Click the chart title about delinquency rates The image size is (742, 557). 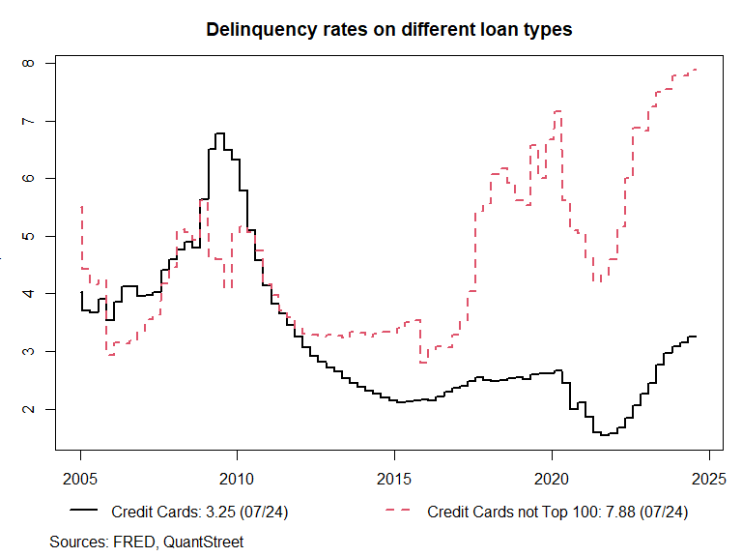(x=389, y=30)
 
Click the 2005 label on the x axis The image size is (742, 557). (x=81, y=479)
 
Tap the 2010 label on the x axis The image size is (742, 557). (x=238, y=479)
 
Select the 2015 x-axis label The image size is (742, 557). (x=394, y=479)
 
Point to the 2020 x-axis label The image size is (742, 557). (x=552, y=479)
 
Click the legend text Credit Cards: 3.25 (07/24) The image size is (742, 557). (x=199, y=511)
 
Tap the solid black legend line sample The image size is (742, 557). (x=83, y=511)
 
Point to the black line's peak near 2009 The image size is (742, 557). (x=219, y=133)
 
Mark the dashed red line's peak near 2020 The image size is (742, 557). (x=556, y=112)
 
